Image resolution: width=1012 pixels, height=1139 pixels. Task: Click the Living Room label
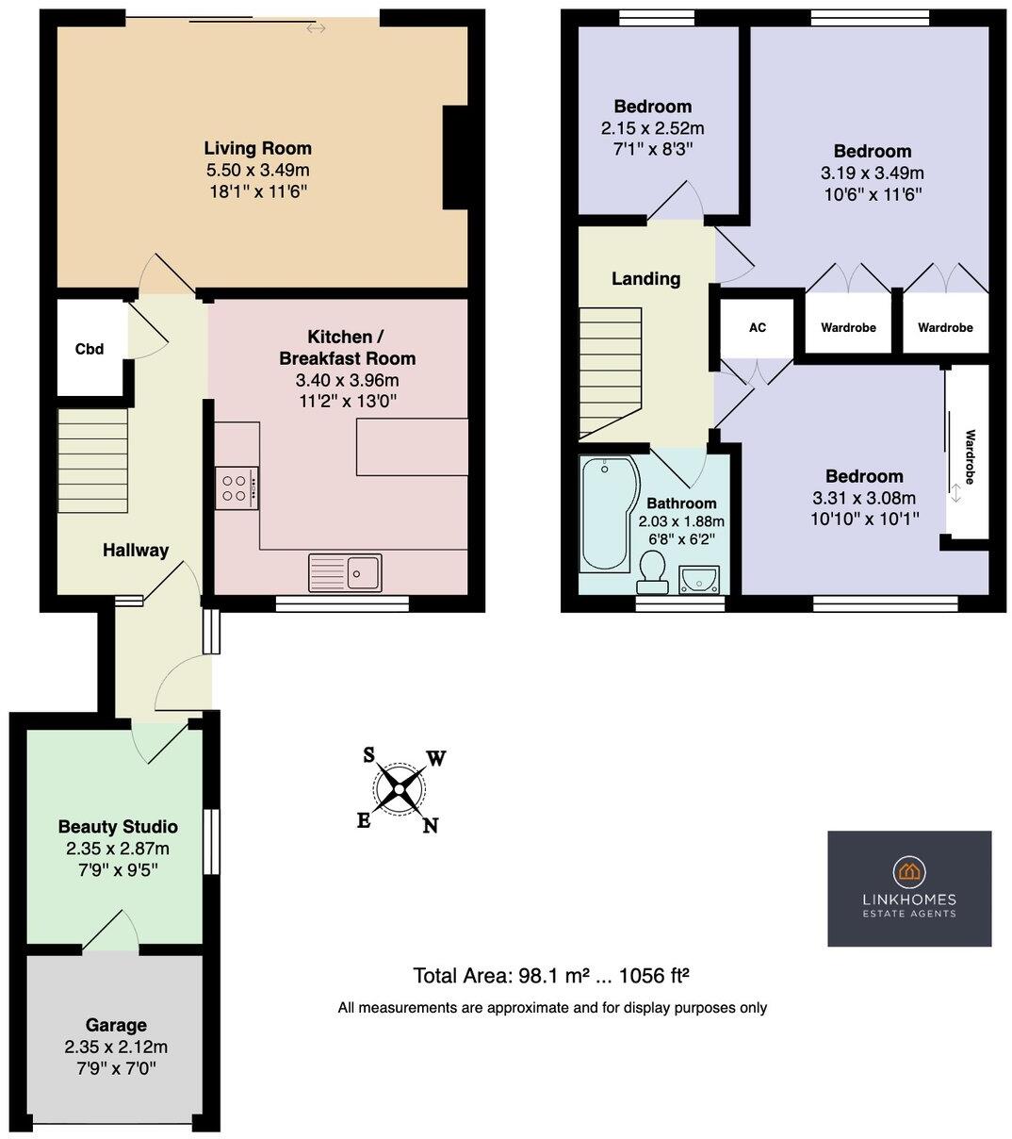[257, 149]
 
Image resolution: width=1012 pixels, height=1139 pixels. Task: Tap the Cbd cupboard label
[90, 349]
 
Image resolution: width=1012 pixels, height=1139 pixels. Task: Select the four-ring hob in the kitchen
[236, 488]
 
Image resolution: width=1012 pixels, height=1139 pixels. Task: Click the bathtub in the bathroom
[606, 514]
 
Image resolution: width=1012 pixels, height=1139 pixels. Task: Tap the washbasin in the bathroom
[697, 578]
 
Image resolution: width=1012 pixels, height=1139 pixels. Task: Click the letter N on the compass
[431, 826]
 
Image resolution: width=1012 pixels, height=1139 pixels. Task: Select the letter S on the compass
[369, 754]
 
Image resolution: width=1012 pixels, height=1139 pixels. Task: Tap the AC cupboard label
[758, 328]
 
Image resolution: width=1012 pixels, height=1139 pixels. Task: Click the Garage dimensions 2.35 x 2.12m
[116, 1047]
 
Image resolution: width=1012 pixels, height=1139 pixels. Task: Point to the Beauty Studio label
[118, 827]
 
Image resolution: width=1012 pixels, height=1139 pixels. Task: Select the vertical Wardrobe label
[970, 457]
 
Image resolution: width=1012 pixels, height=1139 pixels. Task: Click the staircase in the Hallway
[92, 460]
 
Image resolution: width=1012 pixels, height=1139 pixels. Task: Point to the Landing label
[645, 279]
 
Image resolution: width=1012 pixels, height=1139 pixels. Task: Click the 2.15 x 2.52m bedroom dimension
[652, 128]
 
